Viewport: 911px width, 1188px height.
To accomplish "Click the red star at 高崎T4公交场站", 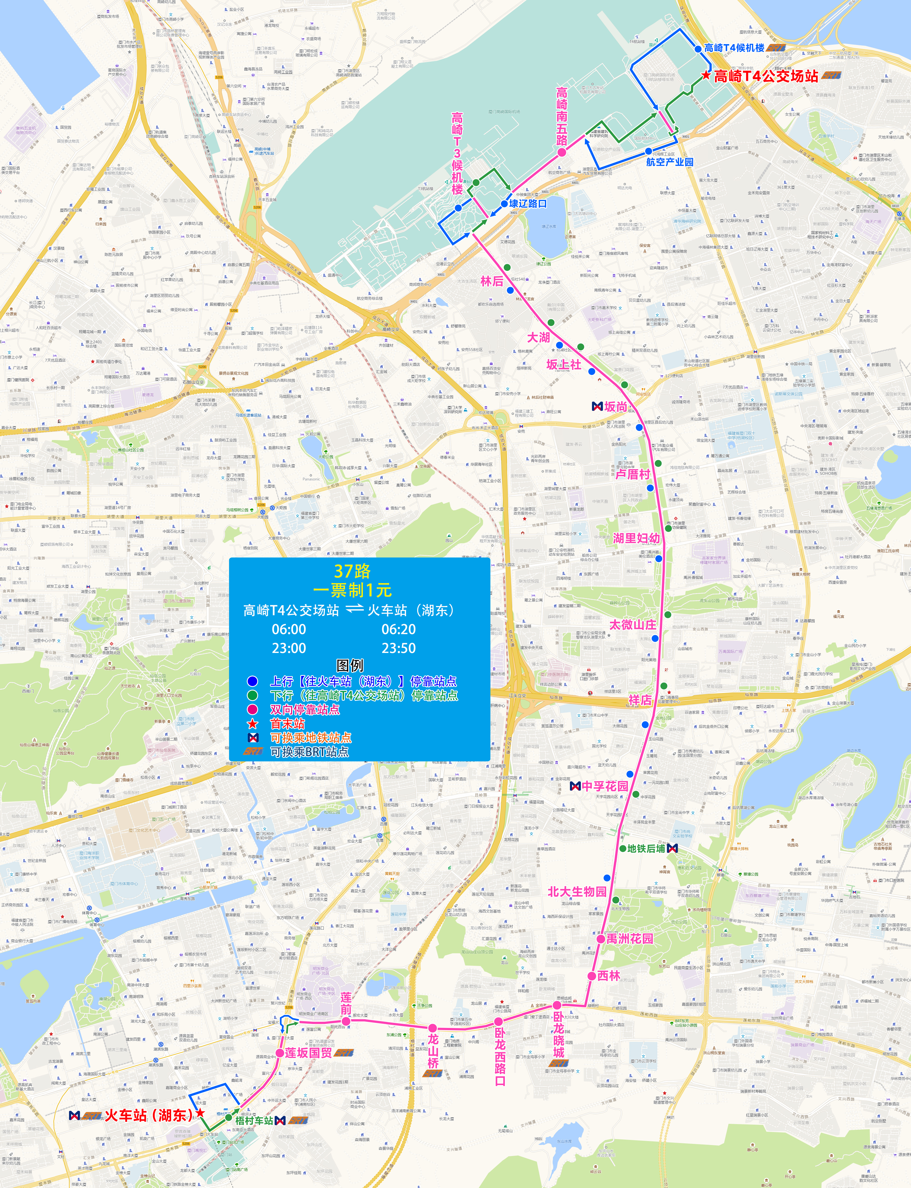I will click(x=705, y=76).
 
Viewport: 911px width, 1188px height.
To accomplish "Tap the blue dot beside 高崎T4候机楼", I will click(x=698, y=49).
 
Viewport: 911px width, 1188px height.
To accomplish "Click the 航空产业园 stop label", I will click(x=669, y=161).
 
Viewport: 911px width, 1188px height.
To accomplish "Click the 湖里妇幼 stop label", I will click(x=636, y=538).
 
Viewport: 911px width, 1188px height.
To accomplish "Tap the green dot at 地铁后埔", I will click(x=623, y=849).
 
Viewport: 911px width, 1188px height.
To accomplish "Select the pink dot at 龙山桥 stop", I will click(x=432, y=1028).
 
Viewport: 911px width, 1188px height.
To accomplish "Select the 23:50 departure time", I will click(x=399, y=648).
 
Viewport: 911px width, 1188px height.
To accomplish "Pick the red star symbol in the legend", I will click(x=253, y=723).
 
